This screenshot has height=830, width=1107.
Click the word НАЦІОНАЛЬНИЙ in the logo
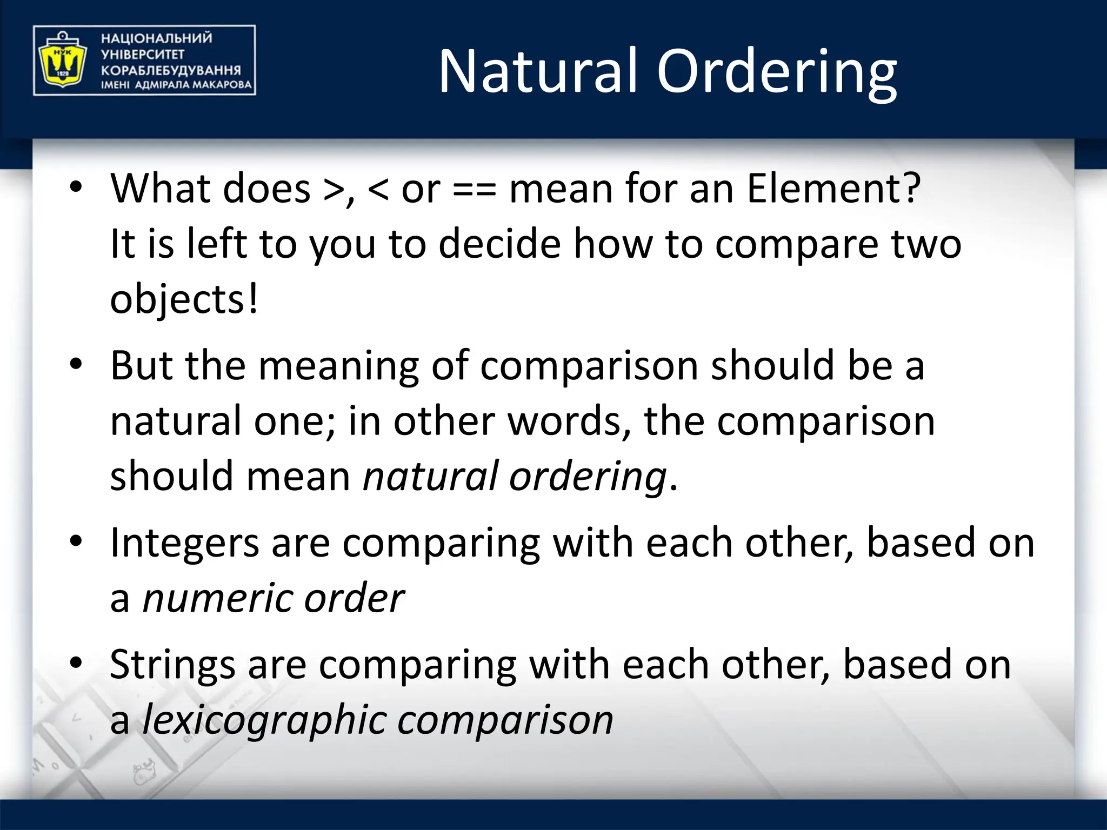[156, 38]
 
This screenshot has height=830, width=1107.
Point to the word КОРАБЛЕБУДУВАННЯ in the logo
[171, 70]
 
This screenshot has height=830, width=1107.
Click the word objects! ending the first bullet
[184, 300]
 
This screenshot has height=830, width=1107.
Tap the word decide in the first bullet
[499, 244]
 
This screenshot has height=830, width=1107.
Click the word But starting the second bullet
[142, 366]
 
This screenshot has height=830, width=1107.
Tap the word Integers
[184, 544]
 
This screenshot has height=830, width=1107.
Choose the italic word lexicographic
[263, 721]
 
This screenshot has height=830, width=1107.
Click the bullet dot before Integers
[76, 541]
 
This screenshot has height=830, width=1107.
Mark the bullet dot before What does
[76, 187]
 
